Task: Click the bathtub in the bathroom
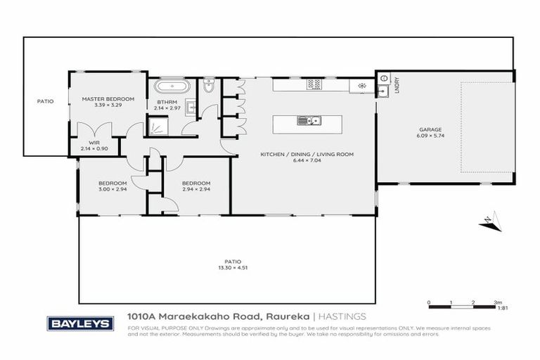pos(172,88)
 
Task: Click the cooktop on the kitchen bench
pos(314,85)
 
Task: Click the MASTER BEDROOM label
pos(107,99)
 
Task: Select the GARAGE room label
pos(430,129)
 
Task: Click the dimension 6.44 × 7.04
pos(307,161)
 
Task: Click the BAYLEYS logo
pos(79,323)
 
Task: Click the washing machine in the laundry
pos(361,85)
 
